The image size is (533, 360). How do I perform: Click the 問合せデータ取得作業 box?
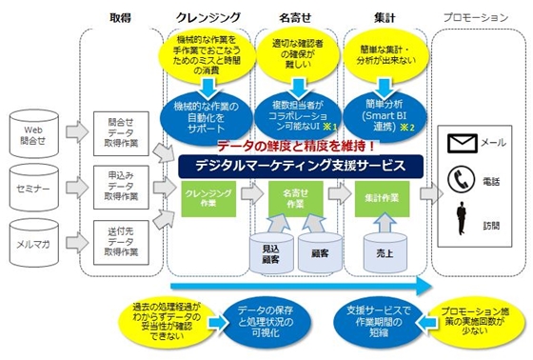tap(117, 130)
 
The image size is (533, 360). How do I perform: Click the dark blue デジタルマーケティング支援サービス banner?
tap(301, 165)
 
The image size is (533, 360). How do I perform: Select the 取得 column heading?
tap(120, 17)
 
